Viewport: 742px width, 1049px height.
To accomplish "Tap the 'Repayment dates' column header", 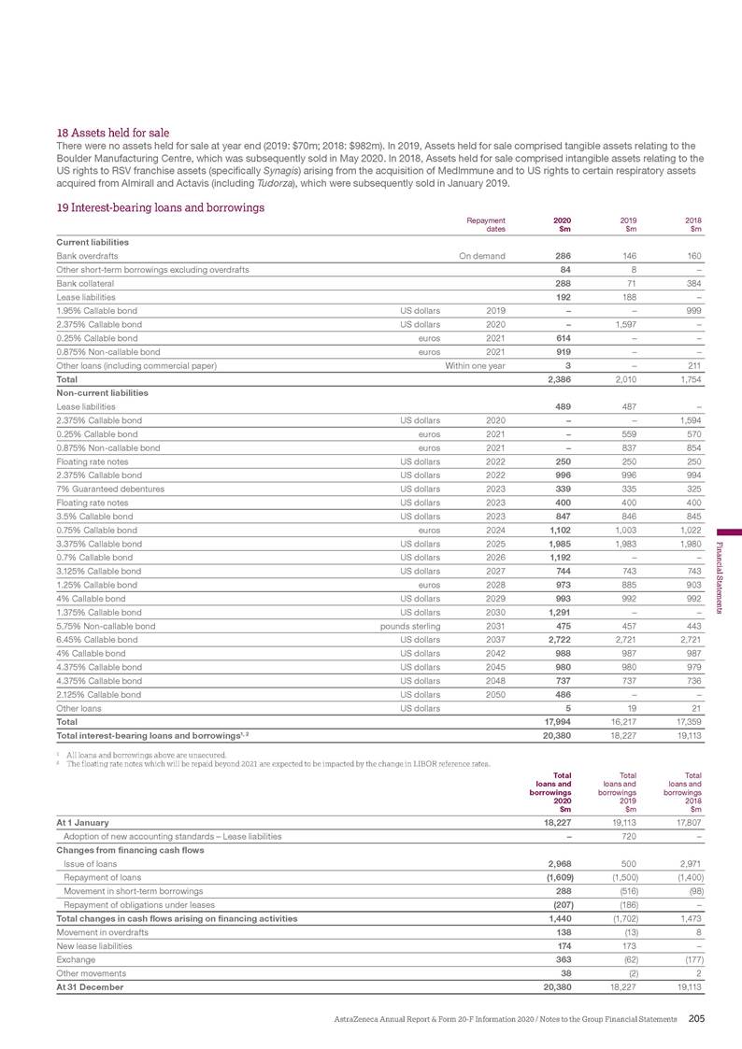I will [x=487, y=225].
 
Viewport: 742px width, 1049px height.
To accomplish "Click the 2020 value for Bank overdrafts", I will [x=559, y=256].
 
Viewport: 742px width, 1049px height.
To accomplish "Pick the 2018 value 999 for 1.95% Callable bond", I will [x=692, y=310].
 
